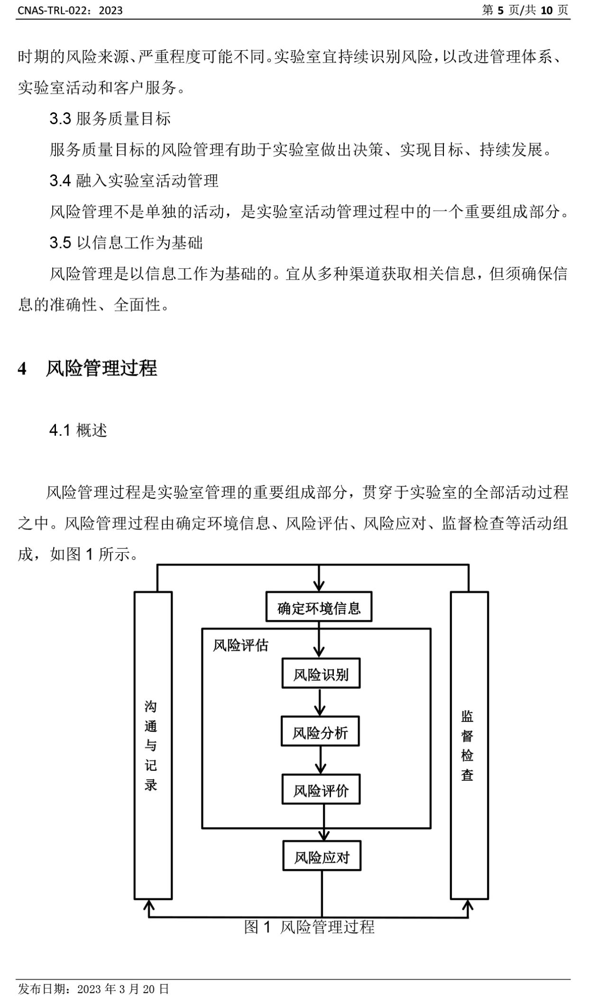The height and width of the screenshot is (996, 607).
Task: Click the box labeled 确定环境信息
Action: (x=318, y=607)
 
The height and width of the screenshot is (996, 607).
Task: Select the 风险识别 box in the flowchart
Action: (x=321, y=674)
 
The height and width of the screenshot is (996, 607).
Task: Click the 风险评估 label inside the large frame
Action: (x=240, y=646)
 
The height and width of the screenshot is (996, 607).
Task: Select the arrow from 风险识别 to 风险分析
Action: (x=320, y=703)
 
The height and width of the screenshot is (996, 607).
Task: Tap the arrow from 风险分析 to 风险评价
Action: (x=321, y=760)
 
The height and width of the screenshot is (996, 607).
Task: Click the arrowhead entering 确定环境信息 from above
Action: (x=319, y=586)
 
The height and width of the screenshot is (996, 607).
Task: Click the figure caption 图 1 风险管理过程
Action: (x=309, y=927)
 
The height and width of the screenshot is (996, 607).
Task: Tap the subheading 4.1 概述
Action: (x=78, y=430)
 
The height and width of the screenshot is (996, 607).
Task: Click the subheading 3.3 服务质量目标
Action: (x=110, y=119)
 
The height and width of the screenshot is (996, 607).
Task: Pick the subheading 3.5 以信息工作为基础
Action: (x=126, y=243)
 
